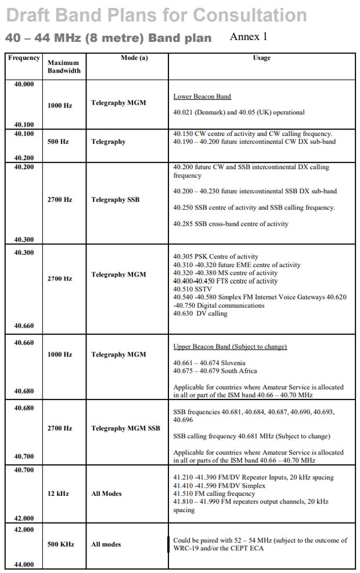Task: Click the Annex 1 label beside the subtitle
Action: pos(249,37)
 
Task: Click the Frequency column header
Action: pos(24,58)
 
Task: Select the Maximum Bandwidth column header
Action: pos(64,67)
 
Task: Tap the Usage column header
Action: pos(261,58)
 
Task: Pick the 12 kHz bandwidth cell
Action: pos(58,493)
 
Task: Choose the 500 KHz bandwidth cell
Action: pos(61,545)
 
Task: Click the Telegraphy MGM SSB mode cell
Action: pos(125,428)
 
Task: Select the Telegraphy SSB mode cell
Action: pos(115,200)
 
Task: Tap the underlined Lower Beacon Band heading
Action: pos(202,96)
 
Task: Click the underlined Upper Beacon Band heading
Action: pos(230,347)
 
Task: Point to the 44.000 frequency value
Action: pos(24,564)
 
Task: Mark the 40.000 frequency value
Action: pos(24,84)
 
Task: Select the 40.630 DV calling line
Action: pos(200,313)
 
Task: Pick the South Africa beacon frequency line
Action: pos(215,371)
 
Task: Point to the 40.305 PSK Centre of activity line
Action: pos(215,257)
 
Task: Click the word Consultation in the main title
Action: pos(250,15)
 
